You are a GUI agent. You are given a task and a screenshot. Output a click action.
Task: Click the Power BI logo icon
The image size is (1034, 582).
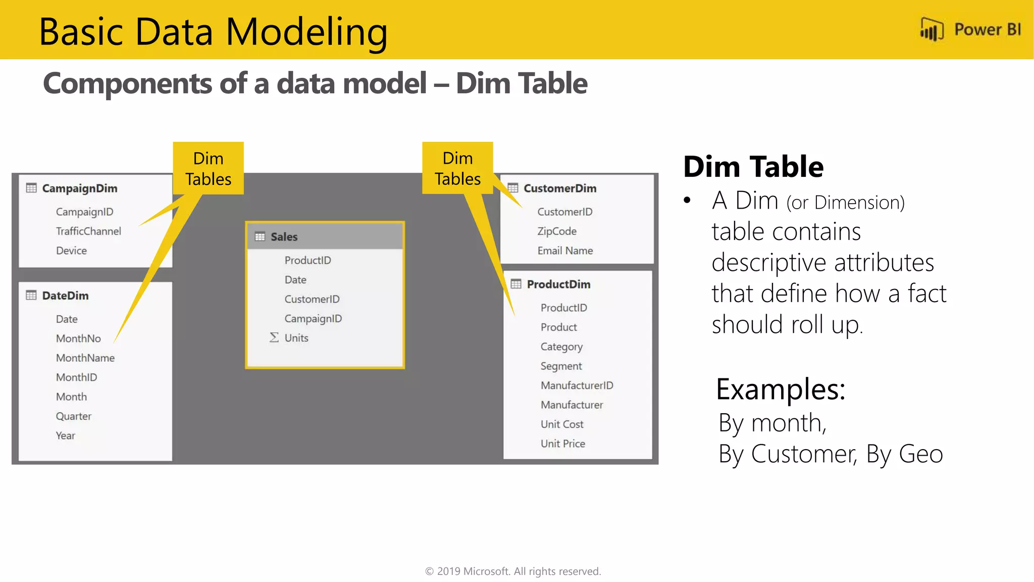[932, 30]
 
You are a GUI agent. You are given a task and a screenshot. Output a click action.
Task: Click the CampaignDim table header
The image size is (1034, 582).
[80, 188]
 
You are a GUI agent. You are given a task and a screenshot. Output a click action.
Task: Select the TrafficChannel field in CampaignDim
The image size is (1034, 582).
[88, 231]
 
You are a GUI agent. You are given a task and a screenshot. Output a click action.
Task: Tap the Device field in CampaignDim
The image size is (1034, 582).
[71, 251]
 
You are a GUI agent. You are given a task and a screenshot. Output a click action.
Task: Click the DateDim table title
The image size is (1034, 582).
[65, 296]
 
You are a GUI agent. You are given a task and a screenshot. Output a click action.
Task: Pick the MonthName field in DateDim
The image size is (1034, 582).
[85, 358]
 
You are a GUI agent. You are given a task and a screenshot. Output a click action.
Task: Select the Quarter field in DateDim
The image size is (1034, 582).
[74, 416]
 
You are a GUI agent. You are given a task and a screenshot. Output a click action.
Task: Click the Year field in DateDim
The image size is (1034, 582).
[66, 435]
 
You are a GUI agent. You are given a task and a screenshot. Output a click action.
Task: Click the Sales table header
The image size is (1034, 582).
[284, 236]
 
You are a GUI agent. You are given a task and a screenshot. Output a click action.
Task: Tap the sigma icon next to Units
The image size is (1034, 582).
[274, 337]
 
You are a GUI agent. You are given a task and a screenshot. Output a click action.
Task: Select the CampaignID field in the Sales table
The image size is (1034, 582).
[313, 319]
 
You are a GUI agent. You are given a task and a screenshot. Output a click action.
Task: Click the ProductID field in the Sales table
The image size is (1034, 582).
[307, 260]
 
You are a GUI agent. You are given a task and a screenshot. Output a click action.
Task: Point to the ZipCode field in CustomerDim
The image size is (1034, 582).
[557, 231]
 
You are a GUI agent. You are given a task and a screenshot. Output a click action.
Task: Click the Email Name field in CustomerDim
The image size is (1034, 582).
[565, 251]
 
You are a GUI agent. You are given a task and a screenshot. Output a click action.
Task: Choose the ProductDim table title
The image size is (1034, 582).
[558, 284]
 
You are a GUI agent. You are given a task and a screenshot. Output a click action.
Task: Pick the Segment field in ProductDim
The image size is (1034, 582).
[561, 366]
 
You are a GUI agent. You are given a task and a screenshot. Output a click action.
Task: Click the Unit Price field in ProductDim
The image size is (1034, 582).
[563, 444]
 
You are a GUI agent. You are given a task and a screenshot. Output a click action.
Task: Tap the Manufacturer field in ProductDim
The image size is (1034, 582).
[572, 405]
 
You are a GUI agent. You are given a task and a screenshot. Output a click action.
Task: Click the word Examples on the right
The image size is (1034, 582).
[781, 390]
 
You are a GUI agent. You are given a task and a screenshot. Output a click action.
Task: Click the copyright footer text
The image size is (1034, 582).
[513, 571]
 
